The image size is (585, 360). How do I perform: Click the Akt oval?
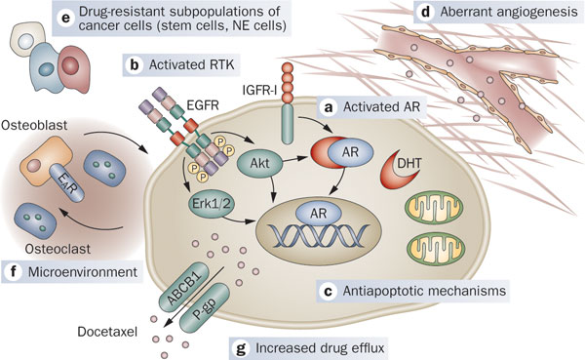coord(260,163)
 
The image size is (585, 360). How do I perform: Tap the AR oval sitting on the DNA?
coord(318,214)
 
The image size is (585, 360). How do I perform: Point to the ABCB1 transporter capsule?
coord(184,287)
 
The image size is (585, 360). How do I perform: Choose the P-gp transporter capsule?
coord(205,308)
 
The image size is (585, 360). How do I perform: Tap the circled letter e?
coord(65,18)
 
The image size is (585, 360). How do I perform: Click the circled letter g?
coord(242,349)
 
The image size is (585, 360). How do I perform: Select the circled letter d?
coord(426,12)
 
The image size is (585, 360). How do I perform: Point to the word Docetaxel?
coord(107,332)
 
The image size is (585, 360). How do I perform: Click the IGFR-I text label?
coord(259,89)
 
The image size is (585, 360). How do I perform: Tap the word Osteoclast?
coord(58,249)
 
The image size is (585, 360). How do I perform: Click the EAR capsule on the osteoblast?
coord(68,183)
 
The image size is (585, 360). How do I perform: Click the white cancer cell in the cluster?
coord(26,39)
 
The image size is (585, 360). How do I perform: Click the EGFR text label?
coord(203,105)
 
